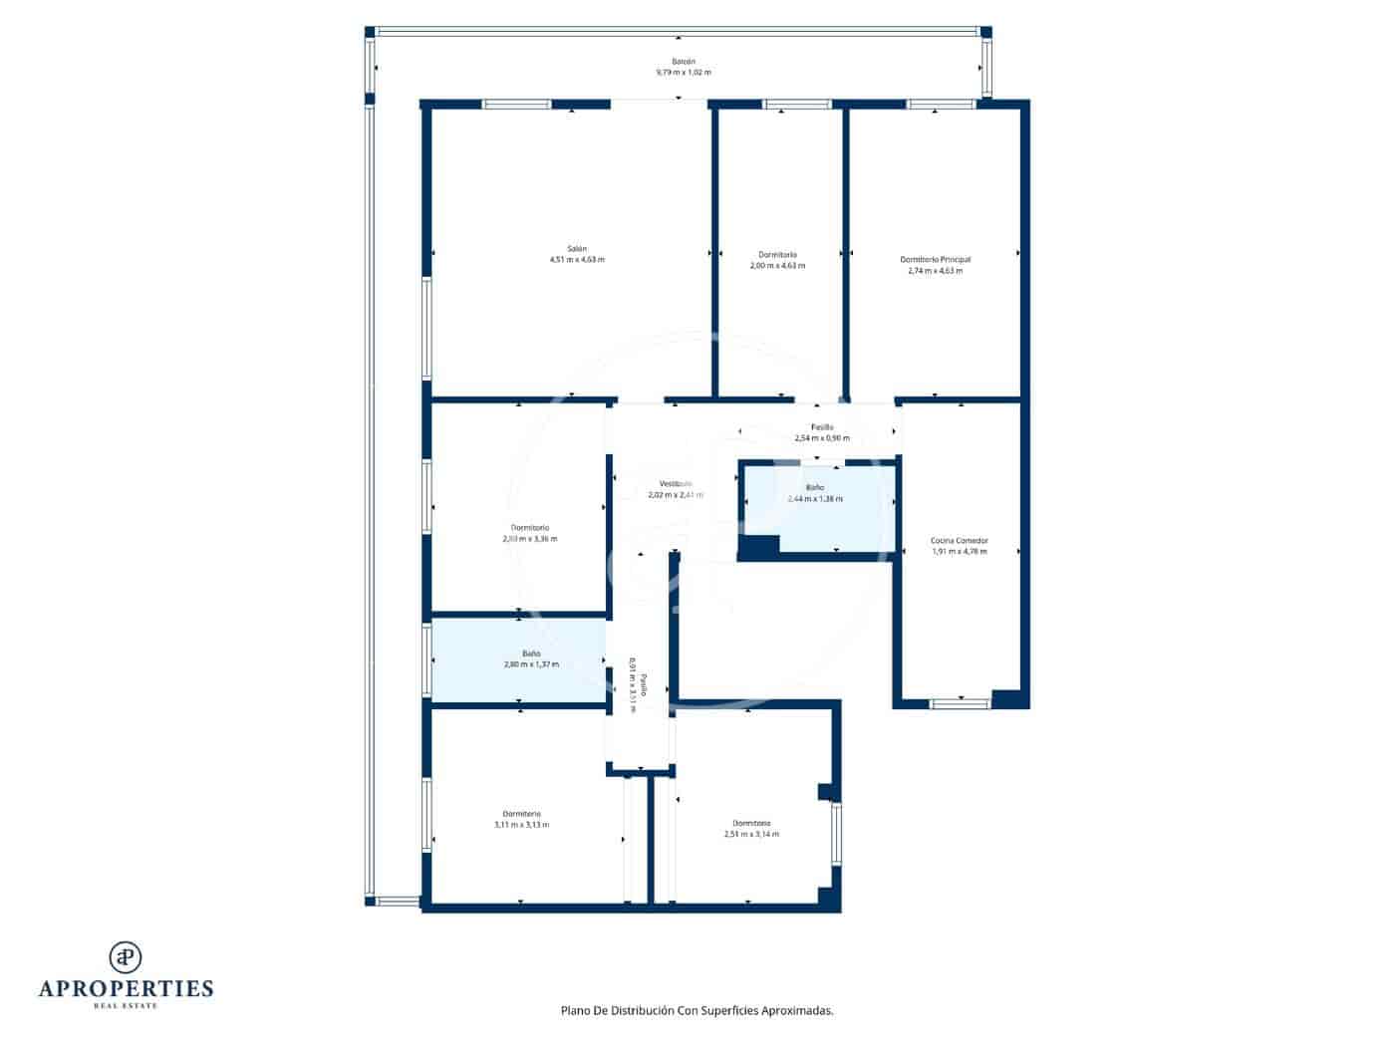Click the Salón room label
point(577,248)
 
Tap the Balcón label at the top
point(683,62)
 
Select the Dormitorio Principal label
point(935,259)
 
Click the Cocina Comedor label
point(959,540)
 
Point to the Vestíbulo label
point(675,483)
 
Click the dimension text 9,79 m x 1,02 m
point(683,73)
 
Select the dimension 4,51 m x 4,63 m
point(577,259)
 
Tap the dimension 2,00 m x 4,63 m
point(777,266)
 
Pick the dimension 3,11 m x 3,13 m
point(521,825)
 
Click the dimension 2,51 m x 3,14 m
point(751,834)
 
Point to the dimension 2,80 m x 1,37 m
point(531,664)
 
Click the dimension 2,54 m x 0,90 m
point(821,438)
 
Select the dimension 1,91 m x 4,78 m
point(959,551)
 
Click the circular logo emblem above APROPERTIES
point(126,956)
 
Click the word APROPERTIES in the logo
point(126,988)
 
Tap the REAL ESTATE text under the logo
point(126,1006)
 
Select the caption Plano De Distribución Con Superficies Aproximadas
point(697,1010)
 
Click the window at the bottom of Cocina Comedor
point(960,703)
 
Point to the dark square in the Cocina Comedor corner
point(1009,698)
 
